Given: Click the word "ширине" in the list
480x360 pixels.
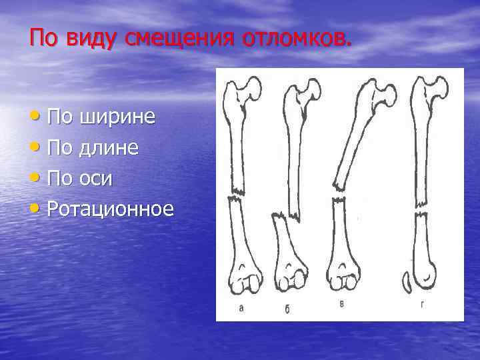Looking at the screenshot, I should [x=118, y=117].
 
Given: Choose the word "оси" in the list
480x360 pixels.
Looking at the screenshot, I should [x=96, y=178].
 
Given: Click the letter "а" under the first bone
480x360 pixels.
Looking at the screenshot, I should [x=241, y=307].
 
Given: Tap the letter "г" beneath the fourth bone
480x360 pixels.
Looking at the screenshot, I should [x=423, y=305].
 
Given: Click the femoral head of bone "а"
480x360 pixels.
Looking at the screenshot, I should [x=252, y=87].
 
